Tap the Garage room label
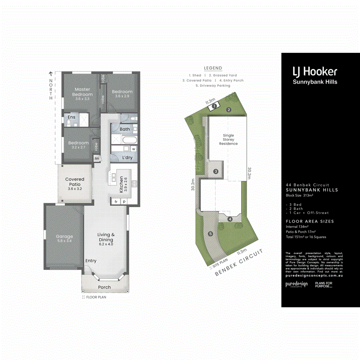(64, 236)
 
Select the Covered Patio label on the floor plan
(75, 182)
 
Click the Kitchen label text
(121, 184)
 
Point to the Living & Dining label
(106, 237)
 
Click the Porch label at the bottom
(104, 287)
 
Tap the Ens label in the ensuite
(71, 117)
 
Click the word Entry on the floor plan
(91, 261)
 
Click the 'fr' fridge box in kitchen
(116, 202)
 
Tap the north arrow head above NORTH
(51, 73)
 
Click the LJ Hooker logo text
(315, 72)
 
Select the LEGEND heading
(213, 68)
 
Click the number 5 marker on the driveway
(210, 234)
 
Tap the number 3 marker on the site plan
(216, 172)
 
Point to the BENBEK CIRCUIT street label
(239, 263)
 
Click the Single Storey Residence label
(228, 140)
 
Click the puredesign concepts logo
(296, 284)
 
